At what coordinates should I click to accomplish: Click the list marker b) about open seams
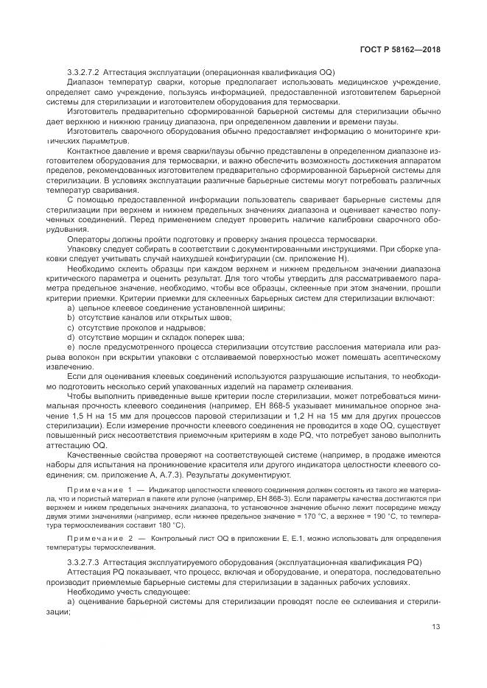point(71,316)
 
